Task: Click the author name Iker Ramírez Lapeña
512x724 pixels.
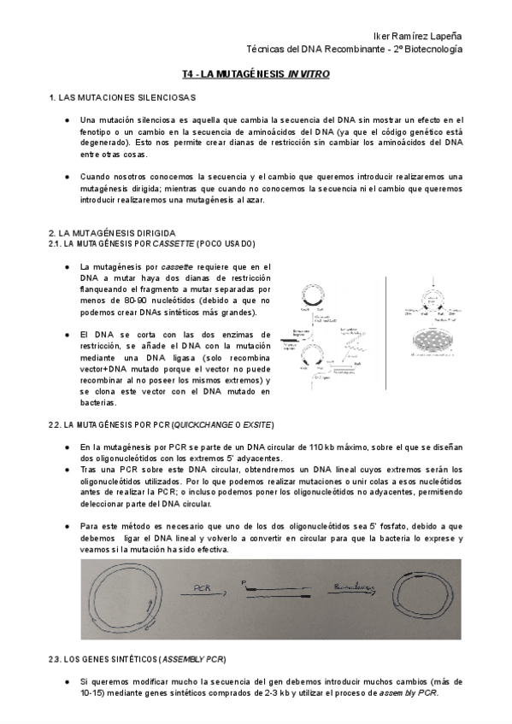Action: click(419, 37)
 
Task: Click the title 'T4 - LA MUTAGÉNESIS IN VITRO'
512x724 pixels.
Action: click(256, 75)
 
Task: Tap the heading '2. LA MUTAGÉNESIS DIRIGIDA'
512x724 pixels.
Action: click(112, 232)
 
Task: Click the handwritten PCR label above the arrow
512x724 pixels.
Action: click(202, 587)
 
